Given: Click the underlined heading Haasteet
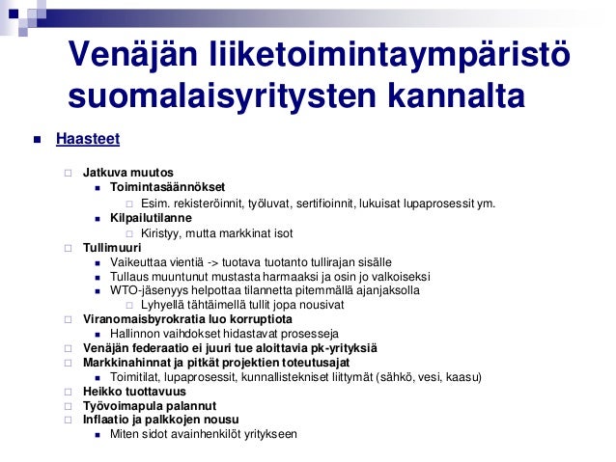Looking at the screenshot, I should (88, 140).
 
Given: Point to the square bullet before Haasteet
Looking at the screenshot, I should (37, 141).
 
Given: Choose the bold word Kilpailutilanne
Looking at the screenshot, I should (151, 218).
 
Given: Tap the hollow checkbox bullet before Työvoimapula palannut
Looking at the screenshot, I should (69, 406).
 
